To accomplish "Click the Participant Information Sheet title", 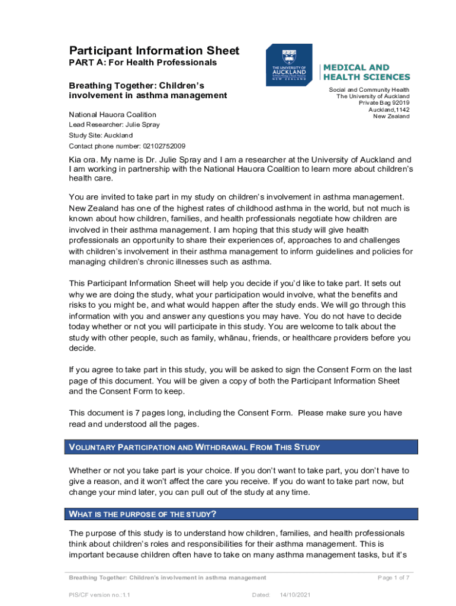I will [x=154, y=51].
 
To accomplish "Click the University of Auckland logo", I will [x=289, y=65].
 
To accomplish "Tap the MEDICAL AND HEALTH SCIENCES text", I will [x=366, y=72].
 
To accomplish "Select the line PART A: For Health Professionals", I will [x=143, y=63].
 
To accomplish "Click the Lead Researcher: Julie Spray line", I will [x=114, y=125].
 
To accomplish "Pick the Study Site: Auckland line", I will [x=101, y=136].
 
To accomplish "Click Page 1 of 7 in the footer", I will [x=393, y=578].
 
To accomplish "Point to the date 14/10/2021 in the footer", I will [x=296, y=595].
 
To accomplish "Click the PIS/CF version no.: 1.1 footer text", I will [x=99, y=595].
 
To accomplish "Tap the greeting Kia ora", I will [x=84, y=160].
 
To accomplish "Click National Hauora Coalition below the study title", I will [x=113, y=114].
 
